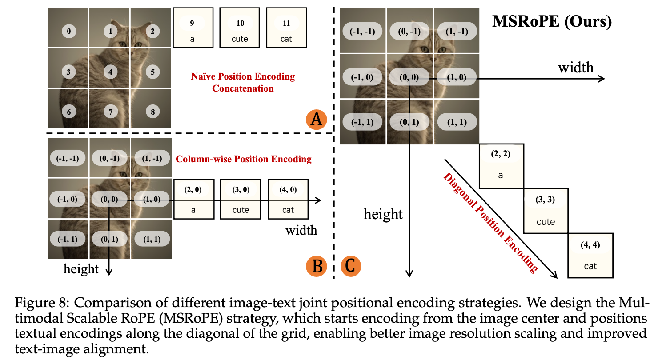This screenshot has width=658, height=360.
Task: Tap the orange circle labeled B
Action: [317, 266]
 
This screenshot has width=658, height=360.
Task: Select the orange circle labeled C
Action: [351, 266]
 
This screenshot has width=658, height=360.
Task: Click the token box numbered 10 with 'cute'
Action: [240, 28]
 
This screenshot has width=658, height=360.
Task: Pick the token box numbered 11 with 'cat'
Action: [286, 28]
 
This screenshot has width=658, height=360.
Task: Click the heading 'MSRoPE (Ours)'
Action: [552, 21]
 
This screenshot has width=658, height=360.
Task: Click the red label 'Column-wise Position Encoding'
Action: [244, 159]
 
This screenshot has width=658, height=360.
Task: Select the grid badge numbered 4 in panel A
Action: [110, 71]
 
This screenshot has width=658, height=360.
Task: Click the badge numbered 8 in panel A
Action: [152, 112]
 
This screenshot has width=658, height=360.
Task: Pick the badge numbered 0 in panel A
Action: [69, 31]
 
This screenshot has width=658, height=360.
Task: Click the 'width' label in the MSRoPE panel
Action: [576, 68]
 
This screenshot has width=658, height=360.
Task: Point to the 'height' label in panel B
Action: [81, 269]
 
